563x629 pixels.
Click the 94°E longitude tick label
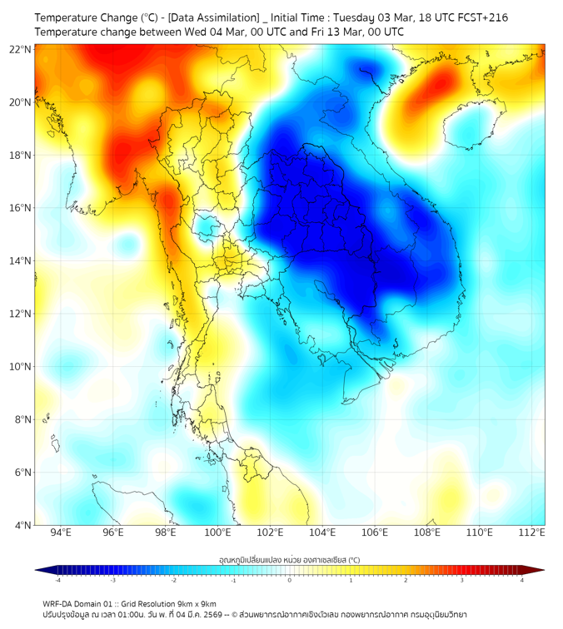pos(61,532)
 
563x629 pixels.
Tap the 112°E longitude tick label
pos(531,532)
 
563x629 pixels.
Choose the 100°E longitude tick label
pos(217,532)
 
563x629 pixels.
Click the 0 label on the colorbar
pos(290,580)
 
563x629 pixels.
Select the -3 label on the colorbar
pos(112,580)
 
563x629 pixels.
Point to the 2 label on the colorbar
pos(407,580)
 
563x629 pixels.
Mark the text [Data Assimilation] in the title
pos(212,17)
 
